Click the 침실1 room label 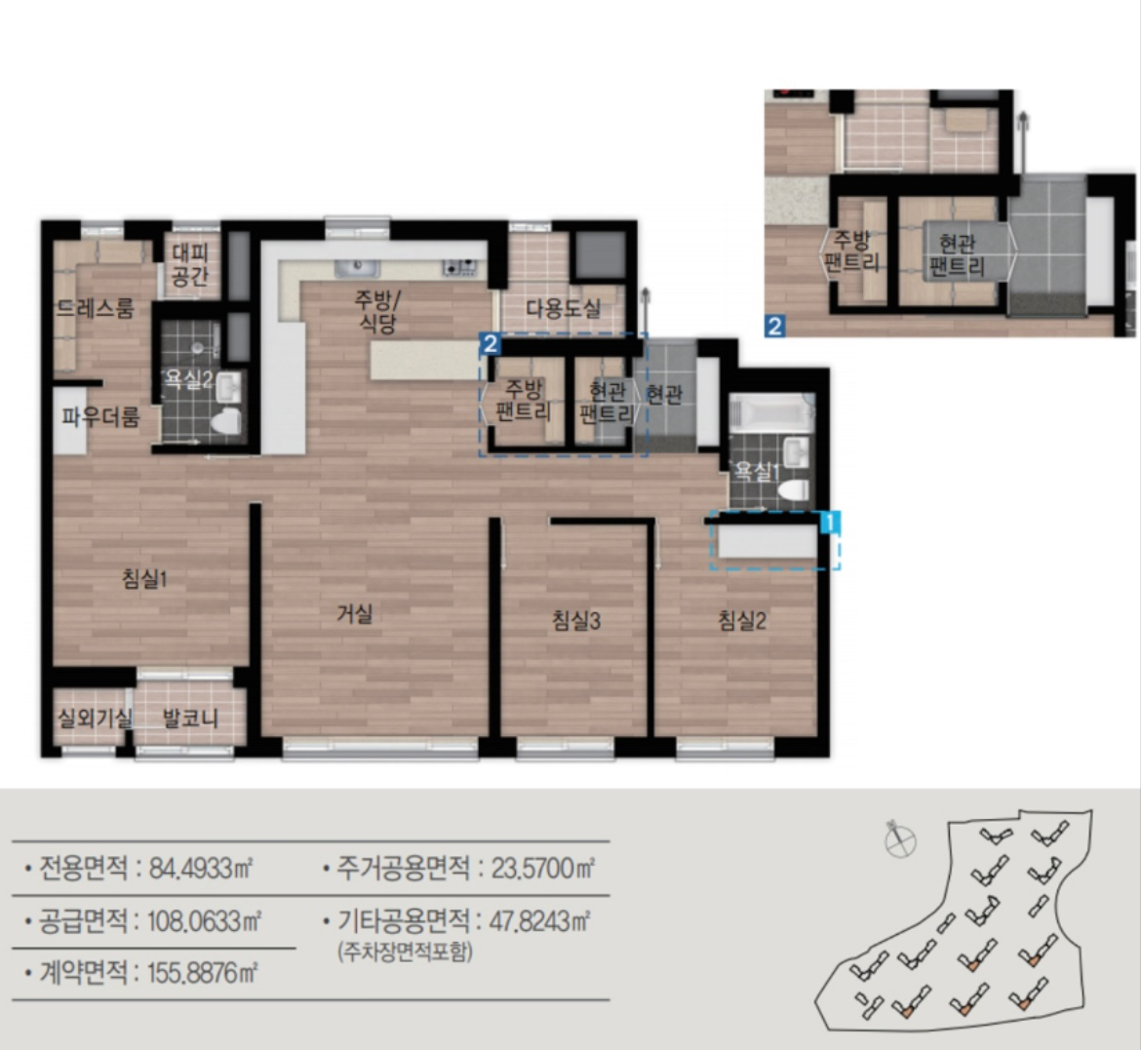(x=144, y=579)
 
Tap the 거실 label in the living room (x=354, y=614)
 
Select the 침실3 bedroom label (x=576, y=621)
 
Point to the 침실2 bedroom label (x=742, y=621)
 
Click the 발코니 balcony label (x=190, y=719)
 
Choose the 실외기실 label (x=96, y=719)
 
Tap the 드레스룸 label (x=96, y=308)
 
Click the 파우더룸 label (x=100, y=417)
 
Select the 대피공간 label (x=190, y=264)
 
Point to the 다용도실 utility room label (x=564, y=308)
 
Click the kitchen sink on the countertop (x=357, y=268)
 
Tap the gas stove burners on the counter (x=460, y=268)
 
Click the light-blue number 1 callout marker (x=830, y=523)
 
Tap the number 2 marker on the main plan (x=491, y=344)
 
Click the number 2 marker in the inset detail (x=775, y=326)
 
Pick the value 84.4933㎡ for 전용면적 (x=201, y=868)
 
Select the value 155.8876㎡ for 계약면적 (x=203, y=973)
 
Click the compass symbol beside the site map (x=899, y=840)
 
